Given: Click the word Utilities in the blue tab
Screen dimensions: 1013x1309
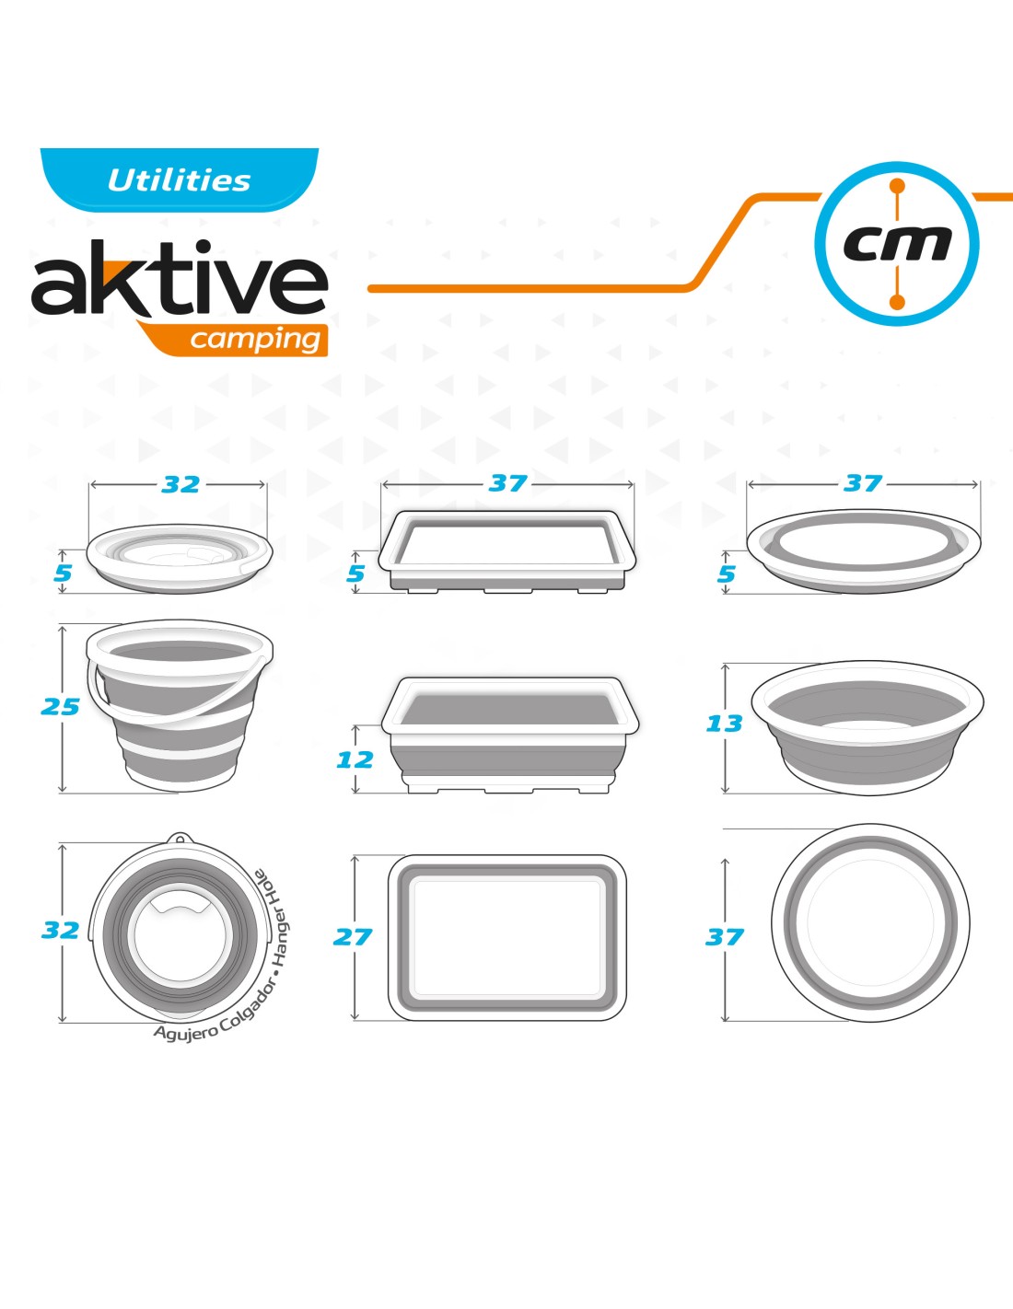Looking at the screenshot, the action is coord(179,180).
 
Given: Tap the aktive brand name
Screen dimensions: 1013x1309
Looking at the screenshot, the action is coord(180,278).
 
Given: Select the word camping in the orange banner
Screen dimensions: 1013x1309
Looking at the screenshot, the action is coord(255,340).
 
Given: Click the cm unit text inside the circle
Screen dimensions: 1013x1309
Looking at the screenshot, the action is coord(897,244).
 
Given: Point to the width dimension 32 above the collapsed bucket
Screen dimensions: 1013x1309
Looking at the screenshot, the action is coord(180,484).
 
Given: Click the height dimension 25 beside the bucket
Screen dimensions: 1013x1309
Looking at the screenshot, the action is coord(60,707).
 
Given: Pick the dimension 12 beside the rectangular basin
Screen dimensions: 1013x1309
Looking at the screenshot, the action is coord(355,759).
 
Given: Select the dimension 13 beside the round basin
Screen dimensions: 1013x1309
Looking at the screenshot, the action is coord(724,723).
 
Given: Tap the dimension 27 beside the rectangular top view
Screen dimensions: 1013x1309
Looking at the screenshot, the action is coord(353,937).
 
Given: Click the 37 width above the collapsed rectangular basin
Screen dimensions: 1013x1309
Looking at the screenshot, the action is coord(508,483).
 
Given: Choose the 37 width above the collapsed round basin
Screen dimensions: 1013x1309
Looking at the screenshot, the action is coord(863,483).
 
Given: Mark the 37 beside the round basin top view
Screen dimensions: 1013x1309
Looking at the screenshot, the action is coord(725,937).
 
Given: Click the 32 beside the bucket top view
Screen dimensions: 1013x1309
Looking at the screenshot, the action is coord(60,930).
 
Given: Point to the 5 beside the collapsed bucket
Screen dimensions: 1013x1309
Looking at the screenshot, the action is coord(63,573).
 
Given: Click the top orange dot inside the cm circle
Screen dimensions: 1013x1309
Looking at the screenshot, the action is coord(897,186).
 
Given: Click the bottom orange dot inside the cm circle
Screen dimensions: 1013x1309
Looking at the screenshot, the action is coord(897,303).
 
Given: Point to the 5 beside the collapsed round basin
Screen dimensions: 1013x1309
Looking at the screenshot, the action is coord(727,573).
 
